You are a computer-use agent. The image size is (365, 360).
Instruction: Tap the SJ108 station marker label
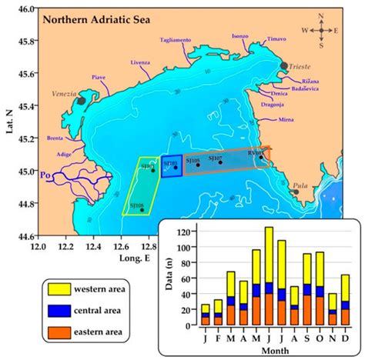point(136,205)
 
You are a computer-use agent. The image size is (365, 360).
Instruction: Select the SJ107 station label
point(216,158)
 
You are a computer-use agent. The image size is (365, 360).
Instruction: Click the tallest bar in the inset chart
point(269,275)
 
